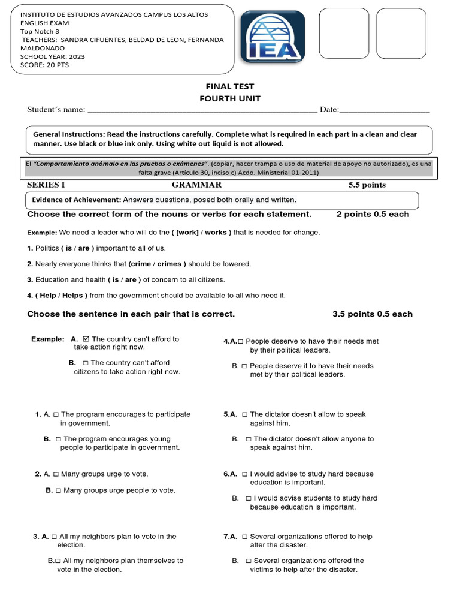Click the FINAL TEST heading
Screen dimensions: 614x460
pos(230,86)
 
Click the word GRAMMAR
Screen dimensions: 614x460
pos(196,185)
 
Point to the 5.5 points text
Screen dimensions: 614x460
pos(367,185)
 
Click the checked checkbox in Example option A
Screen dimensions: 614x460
pos(86,339)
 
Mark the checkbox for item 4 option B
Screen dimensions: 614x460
pos(244,366)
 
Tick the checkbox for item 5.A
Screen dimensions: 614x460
pos(244,414)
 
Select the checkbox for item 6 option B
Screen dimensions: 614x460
pos(249,498)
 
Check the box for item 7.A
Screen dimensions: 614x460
pos(244,537)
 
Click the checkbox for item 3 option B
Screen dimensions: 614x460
pos(57,561)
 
